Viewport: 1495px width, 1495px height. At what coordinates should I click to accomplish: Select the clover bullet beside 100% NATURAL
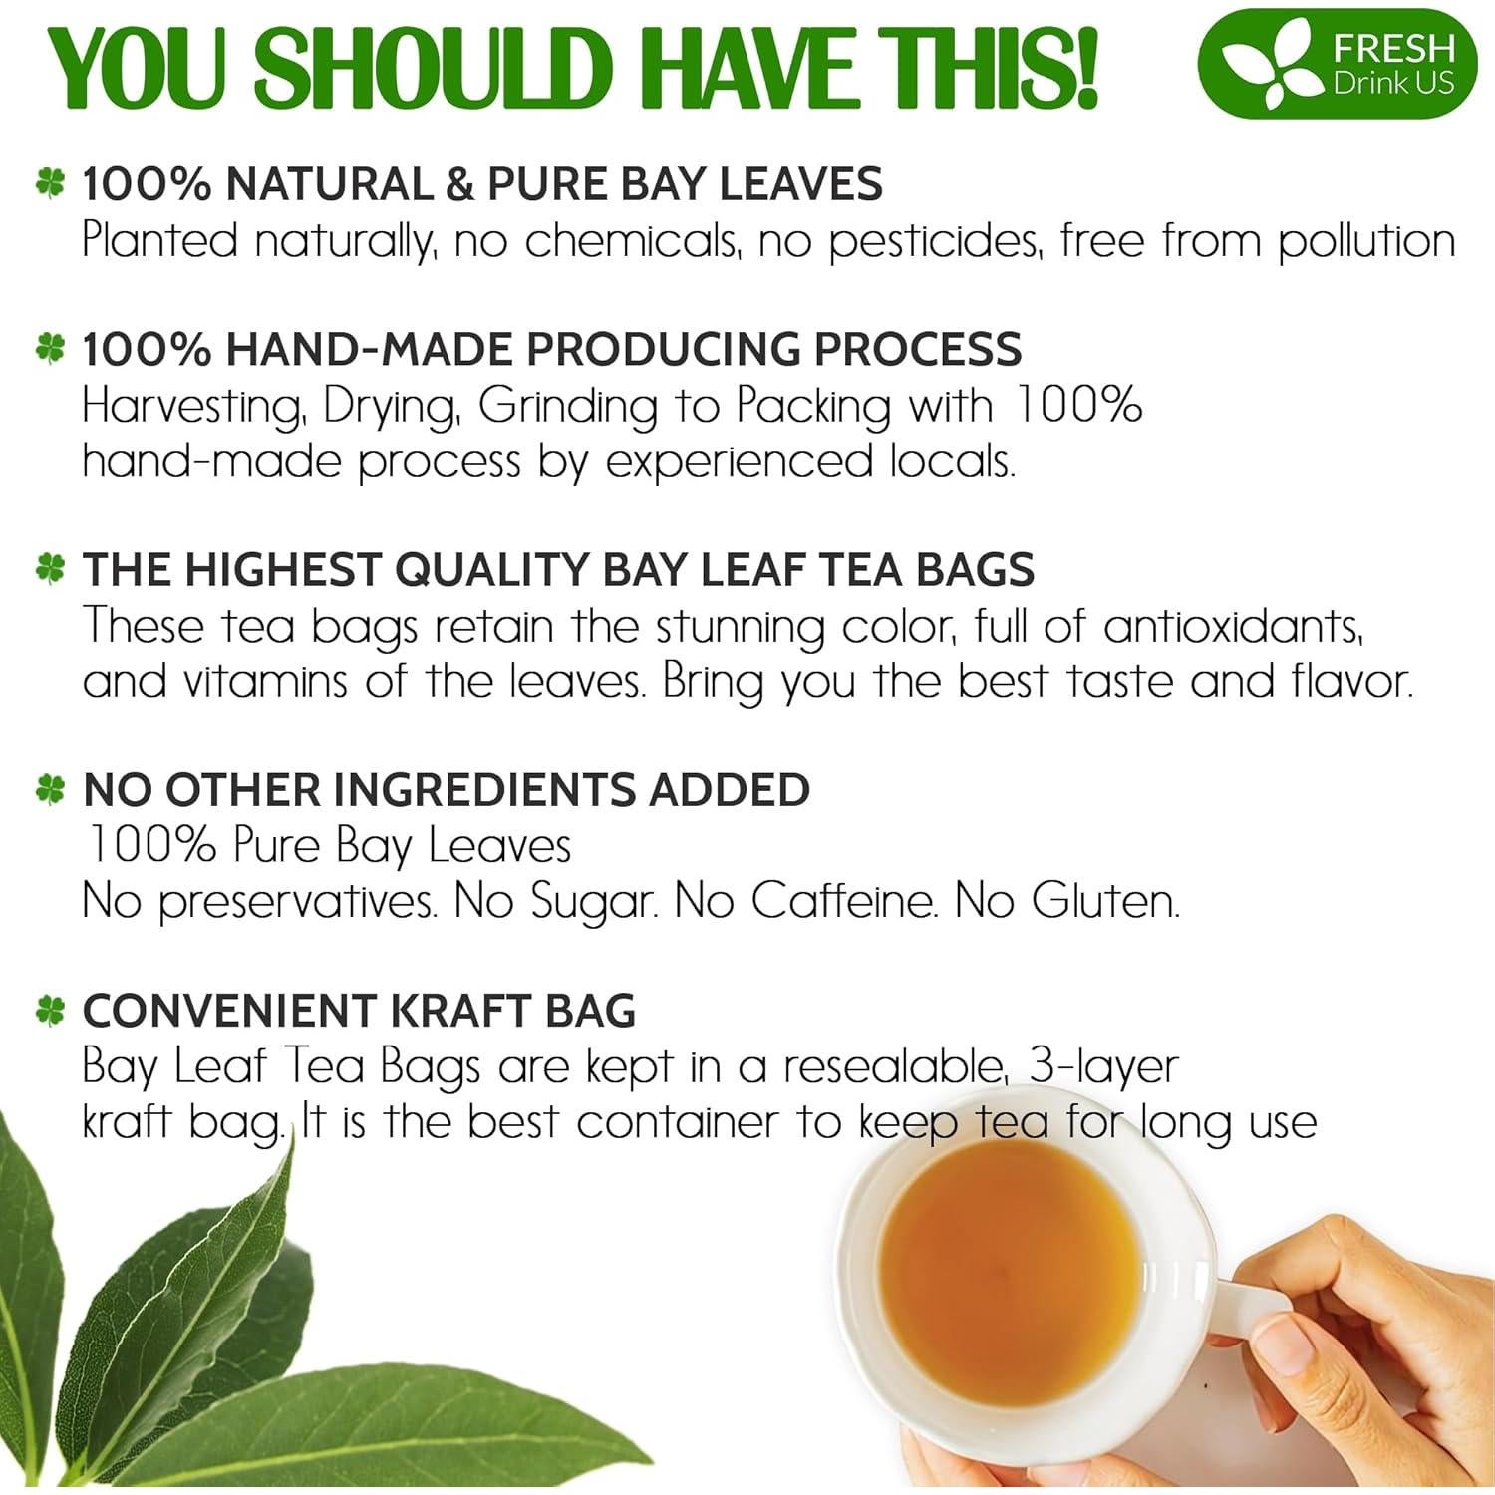click(50, 184)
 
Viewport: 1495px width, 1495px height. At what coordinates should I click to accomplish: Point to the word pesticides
click(934, 242)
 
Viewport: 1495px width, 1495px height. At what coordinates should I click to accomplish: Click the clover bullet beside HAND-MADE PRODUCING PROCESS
click(50, 348)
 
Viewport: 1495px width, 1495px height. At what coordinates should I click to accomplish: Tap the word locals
click(945, 461)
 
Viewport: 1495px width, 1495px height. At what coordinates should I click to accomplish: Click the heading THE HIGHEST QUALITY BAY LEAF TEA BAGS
click(558, 569)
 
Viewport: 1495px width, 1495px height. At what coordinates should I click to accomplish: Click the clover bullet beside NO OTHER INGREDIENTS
click(50, 789)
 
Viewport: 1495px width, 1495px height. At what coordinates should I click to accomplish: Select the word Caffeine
click(843, 901)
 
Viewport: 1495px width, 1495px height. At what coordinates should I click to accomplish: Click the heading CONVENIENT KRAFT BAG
click(359, 1011)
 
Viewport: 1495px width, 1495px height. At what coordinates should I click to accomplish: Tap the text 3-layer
click(1103, 1066)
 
